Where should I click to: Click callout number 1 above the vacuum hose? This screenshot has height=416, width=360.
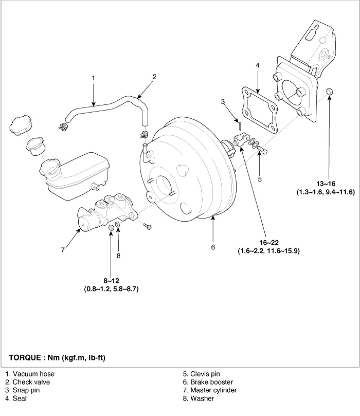pos(93,78)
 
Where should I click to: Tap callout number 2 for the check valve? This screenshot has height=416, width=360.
pos(155,76)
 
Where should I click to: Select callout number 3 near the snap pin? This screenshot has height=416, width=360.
pos(223,101)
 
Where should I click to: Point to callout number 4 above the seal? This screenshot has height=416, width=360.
pos(257,64)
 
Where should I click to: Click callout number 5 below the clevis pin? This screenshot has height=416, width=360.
pos(260,179)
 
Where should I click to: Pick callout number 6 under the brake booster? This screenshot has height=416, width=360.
pos(213,247)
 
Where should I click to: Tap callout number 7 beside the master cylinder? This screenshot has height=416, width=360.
pos(63,250)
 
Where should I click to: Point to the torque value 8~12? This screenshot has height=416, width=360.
pos(111,282)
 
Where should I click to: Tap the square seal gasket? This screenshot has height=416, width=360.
pos(259,109)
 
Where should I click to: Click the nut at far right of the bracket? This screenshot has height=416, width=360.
pos(329,91)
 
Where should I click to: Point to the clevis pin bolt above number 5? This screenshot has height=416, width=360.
pos(263,150)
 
